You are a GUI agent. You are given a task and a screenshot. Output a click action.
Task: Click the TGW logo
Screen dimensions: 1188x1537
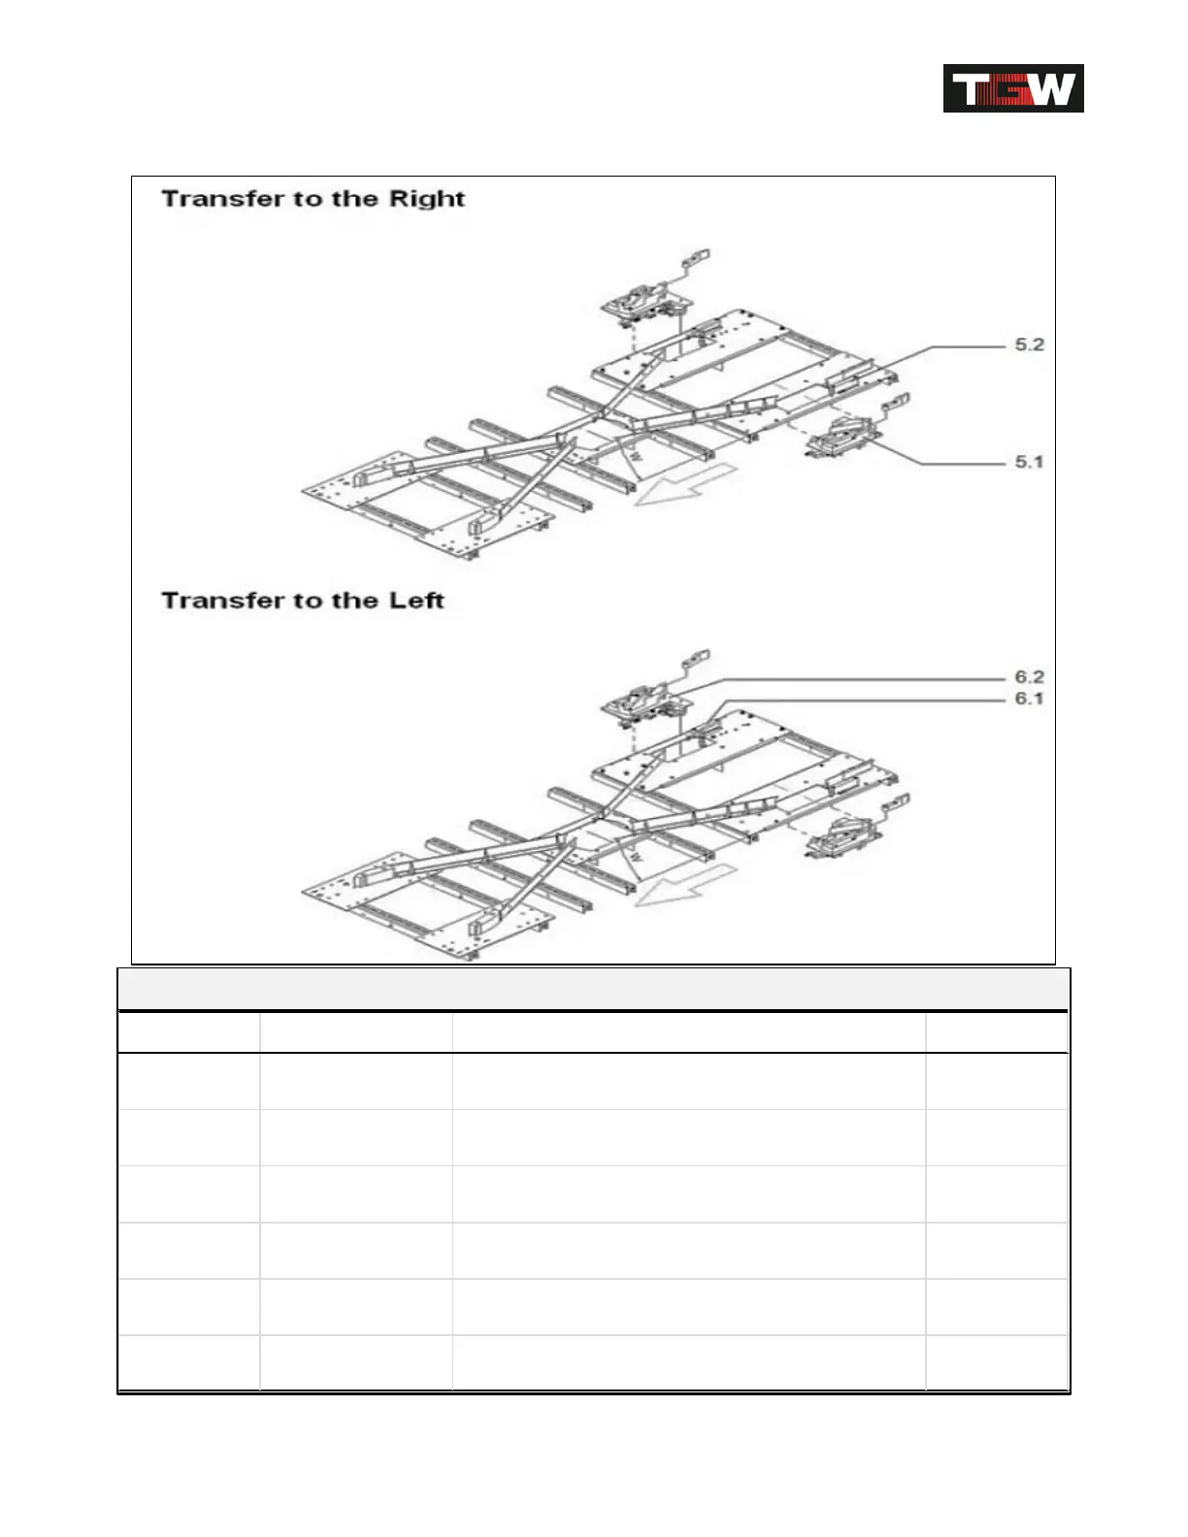1012,88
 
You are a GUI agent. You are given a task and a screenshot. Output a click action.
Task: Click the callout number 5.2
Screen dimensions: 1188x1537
1029,344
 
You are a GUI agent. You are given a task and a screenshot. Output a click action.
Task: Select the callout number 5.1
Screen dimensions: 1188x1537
1029,462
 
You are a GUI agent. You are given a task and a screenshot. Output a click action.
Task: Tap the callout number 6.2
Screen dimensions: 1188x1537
1029,677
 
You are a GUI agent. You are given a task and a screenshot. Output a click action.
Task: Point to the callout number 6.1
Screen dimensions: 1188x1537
1029,699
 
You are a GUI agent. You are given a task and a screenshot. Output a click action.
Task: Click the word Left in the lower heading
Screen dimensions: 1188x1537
416,601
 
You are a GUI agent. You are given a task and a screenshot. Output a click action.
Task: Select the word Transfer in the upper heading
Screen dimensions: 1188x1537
223,199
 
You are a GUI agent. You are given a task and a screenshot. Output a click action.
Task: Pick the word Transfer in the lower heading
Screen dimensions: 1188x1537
223,601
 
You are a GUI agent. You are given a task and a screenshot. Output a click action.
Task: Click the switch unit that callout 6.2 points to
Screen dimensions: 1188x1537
642,703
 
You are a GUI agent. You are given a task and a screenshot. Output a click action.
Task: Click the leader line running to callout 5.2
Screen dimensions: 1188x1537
961,346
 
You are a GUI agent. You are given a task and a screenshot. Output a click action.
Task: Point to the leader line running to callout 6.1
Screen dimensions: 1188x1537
874,700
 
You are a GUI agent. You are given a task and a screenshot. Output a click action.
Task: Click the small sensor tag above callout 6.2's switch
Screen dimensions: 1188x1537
698,657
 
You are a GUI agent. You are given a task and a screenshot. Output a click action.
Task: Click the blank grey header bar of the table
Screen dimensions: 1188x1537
593,990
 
